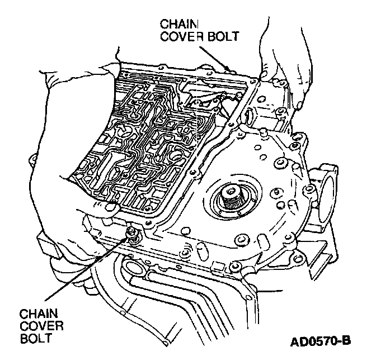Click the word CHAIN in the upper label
coord(176,24)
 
